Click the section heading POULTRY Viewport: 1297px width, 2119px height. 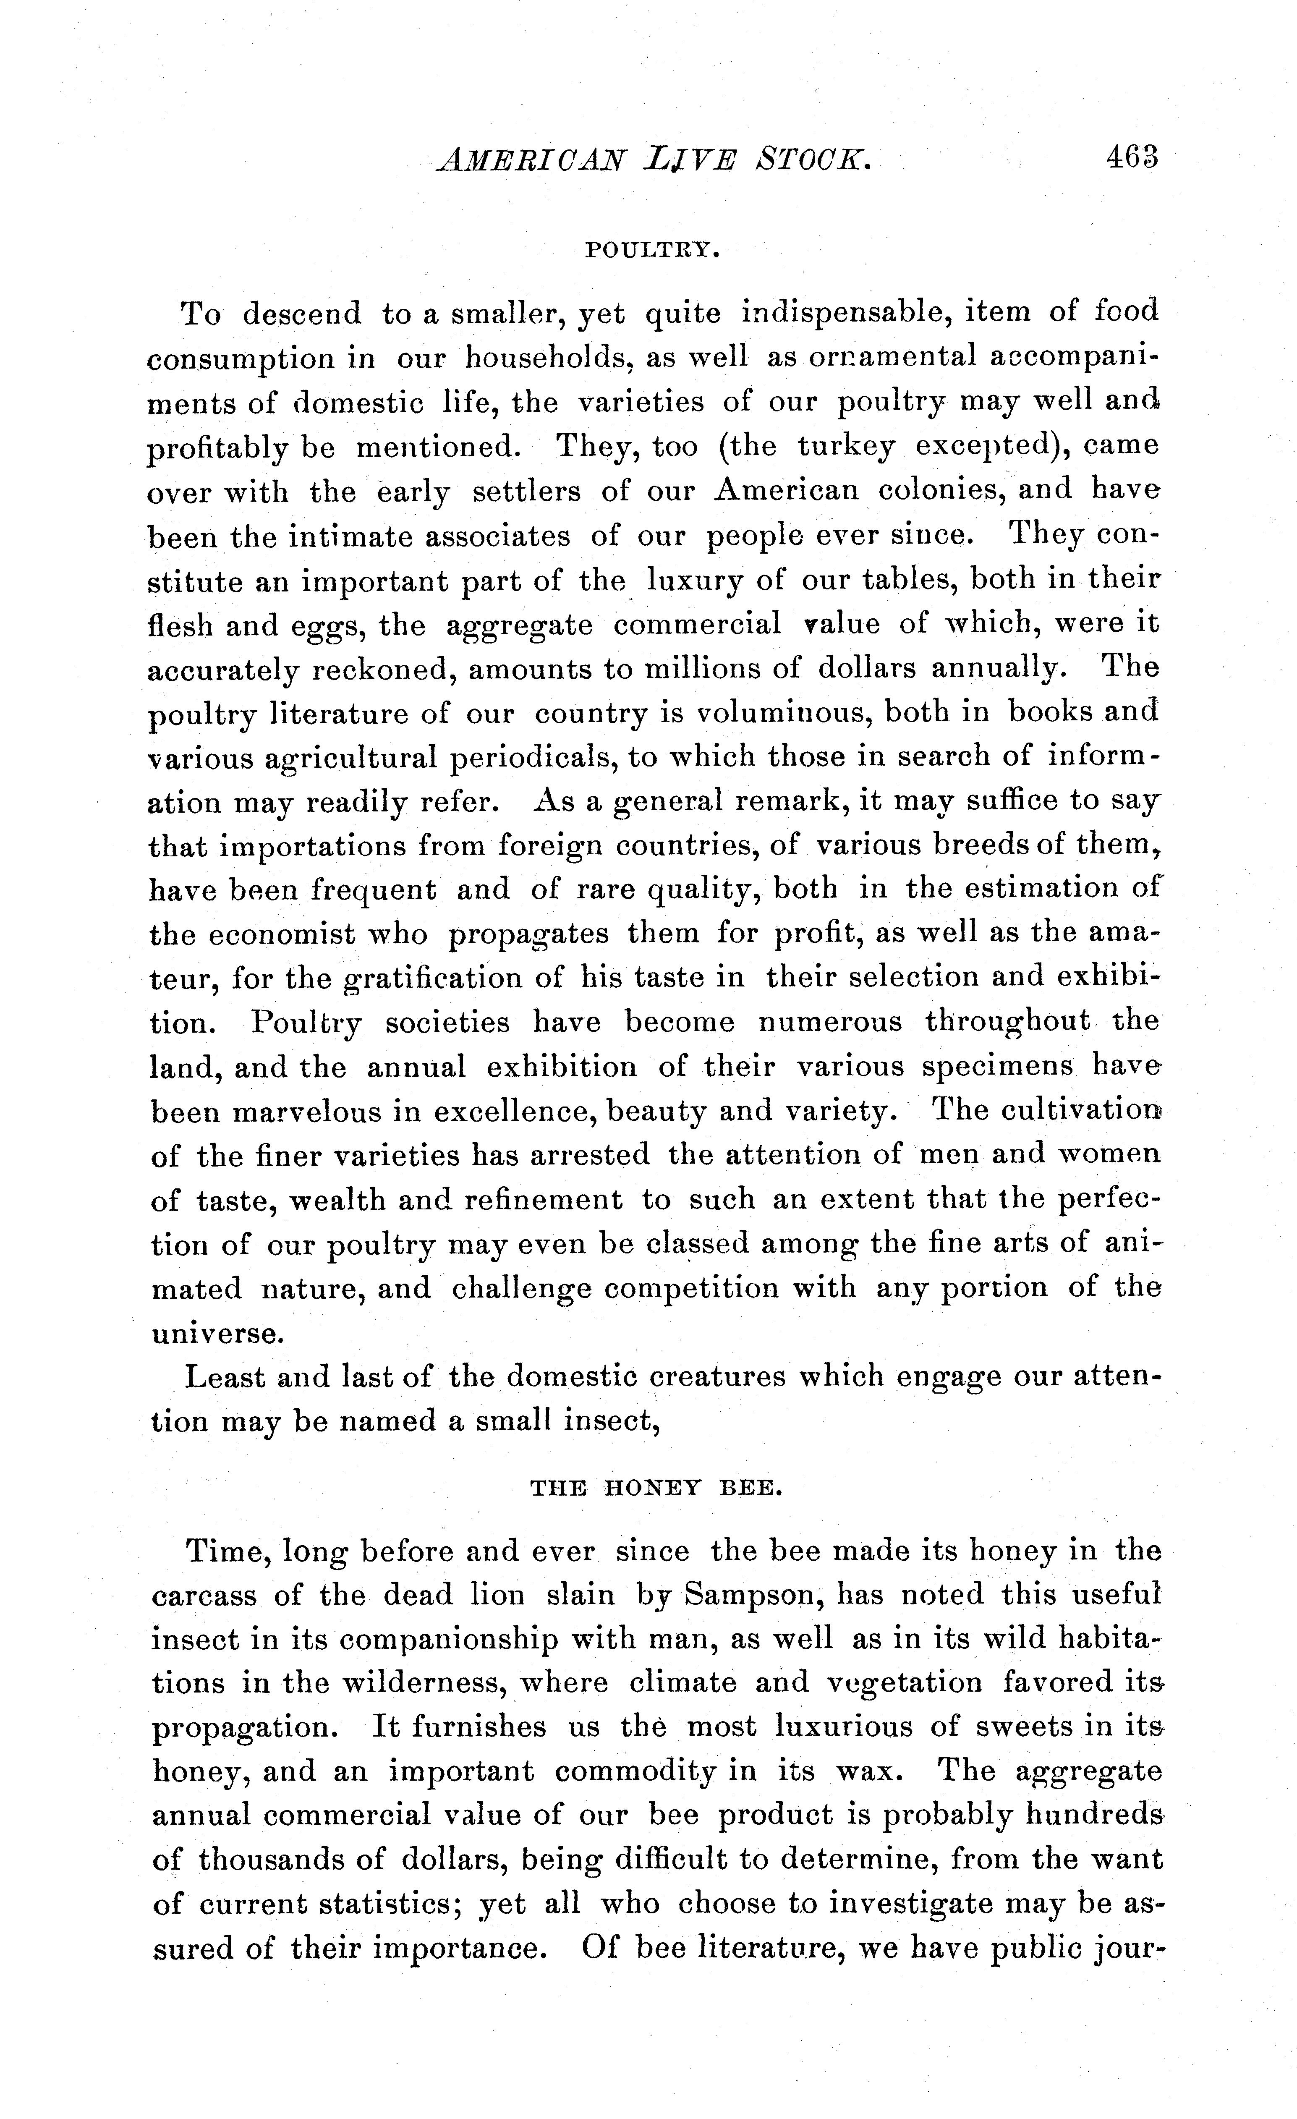coord(651,250)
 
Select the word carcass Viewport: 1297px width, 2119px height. coord(204,1596)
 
